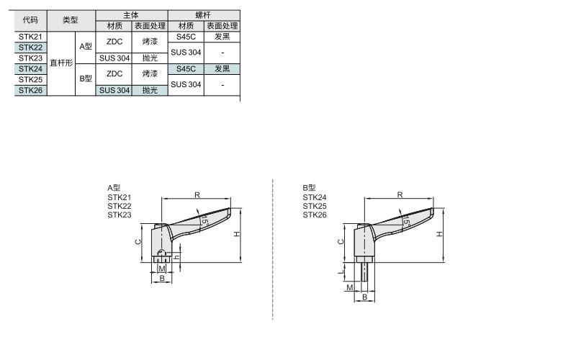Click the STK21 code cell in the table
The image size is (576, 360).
coord(30,37)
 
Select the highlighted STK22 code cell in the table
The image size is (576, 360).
coord(30,48)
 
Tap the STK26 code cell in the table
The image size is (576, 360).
coord(30,91)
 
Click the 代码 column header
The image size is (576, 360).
coord(30,20)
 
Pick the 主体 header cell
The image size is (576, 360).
coord(132,15)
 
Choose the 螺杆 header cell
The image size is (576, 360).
coord(204,15)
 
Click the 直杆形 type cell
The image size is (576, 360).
coord(61,63)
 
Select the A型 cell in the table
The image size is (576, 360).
coord(86,47)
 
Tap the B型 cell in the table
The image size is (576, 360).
coord(86,79)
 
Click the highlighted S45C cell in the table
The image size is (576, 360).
coord(186,69)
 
